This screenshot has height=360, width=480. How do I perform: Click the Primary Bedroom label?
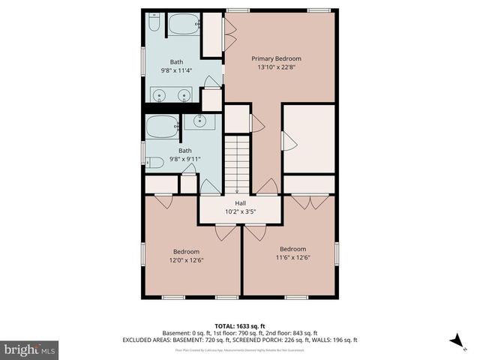276,58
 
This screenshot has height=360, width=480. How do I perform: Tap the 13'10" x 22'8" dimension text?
276,67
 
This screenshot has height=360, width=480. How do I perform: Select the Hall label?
240,203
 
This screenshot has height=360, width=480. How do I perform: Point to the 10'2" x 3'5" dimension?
240,211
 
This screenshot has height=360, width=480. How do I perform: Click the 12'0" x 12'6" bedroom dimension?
186,259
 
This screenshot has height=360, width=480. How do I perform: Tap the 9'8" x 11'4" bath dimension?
176,70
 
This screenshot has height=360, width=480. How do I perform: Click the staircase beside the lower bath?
237,162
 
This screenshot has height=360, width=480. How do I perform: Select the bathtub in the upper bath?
181,26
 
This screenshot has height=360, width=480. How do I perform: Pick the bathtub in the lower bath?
162,127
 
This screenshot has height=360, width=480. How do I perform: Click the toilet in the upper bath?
154,25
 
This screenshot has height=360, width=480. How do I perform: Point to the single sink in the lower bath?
199,121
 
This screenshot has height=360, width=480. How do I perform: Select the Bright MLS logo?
29,349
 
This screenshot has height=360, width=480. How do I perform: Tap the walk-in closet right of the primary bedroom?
307,139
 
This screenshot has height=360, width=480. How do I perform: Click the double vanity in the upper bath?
172,94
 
